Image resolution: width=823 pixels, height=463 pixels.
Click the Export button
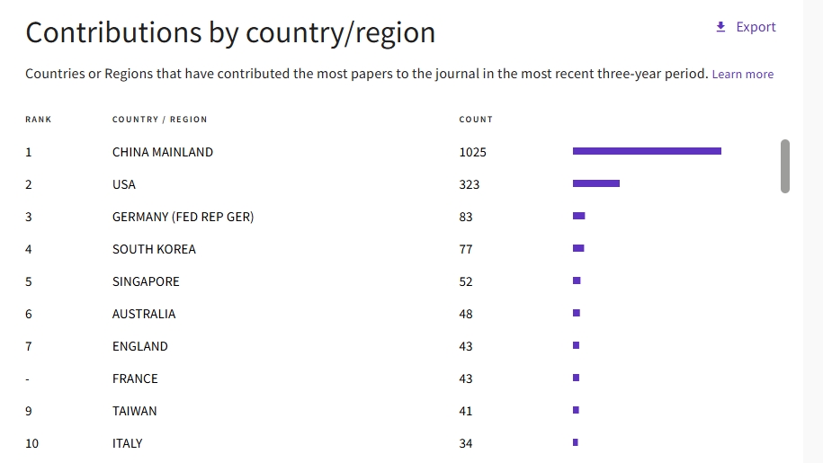746,27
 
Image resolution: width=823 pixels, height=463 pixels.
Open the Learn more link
742,75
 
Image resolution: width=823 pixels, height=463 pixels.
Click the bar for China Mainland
647,151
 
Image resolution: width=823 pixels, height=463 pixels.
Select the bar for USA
595,183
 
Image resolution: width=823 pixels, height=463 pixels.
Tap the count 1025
472,152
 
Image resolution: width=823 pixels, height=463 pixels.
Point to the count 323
470,184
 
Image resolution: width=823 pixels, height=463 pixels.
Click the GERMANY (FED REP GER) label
183,217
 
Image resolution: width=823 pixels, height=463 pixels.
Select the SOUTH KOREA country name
154,249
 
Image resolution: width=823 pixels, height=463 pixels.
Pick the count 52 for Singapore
466,281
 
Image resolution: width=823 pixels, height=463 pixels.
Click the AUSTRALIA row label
144,314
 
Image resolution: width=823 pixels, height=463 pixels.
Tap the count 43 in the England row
466,346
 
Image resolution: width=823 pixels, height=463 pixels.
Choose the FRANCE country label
135,378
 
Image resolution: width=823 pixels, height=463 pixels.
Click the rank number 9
29,411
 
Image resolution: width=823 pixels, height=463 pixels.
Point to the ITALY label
127,443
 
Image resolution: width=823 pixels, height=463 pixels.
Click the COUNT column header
476,120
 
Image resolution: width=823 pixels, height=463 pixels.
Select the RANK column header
39,120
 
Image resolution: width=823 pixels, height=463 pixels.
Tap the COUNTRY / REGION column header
159,120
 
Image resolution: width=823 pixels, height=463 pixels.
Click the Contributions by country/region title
230,32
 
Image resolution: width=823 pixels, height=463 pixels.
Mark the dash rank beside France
28,378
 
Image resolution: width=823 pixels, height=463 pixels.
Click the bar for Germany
578,216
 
